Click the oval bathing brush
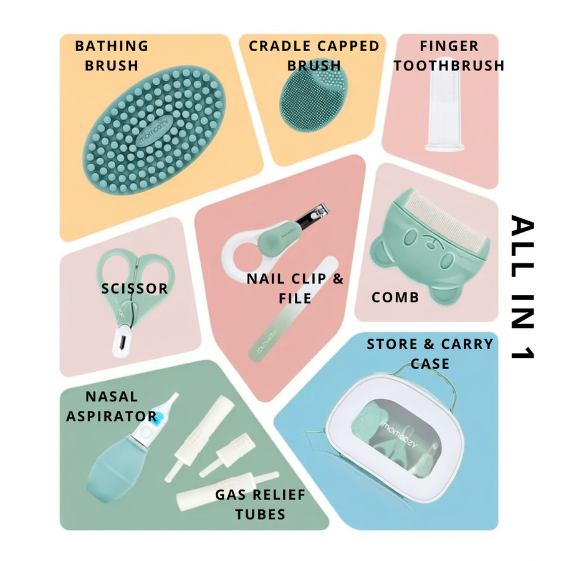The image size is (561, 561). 155,130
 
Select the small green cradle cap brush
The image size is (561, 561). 313,95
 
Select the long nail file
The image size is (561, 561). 294,309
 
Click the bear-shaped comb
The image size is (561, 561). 429,247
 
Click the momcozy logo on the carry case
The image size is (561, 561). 400,434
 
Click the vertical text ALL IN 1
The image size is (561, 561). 522,287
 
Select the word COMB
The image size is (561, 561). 395,298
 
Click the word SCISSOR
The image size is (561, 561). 135,289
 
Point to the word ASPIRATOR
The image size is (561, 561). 112,416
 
